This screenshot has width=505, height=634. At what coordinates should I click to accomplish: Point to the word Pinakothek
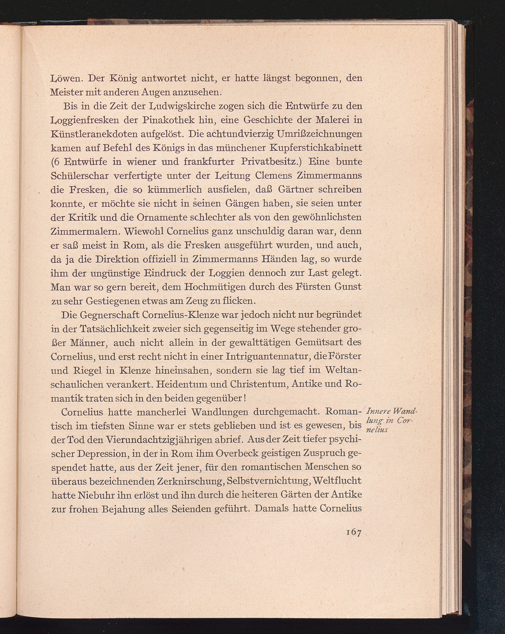coord(169,120)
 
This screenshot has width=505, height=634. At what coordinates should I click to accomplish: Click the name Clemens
coord(272,176)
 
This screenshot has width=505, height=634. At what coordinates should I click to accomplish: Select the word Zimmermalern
coord(84,231)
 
